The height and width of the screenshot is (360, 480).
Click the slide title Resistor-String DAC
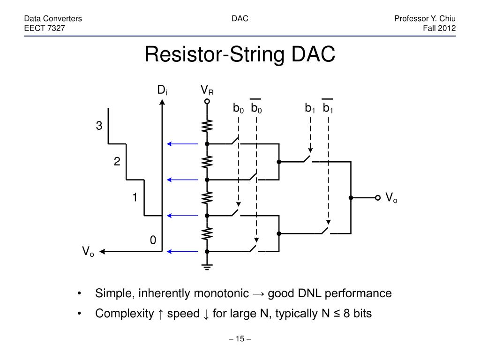pyautogui.click(x=240, y=54)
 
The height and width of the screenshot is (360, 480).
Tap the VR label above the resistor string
pyautogui.click(x=207, y=90)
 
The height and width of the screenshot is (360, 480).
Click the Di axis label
pyautogui.click(x=162, y=90)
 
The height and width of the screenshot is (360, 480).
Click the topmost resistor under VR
pyautogui.click(x=207, y=126)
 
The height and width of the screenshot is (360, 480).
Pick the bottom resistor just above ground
pyautogui.click(x=207, y=233)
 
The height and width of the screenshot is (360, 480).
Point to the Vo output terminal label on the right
pyautogui.click(x=391, y=197)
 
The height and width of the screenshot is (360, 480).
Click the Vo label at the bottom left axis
pyautogui.click(x=88, y=252)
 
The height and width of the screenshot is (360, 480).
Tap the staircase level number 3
pyautogui.click(x=99, y=126)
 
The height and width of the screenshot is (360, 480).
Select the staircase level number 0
pyautogui.click(x=153, y=240)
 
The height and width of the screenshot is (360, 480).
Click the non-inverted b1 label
pyautogui.click(x=309, y=108)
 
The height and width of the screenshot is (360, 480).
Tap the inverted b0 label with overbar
pyautogui.click(x=256, y=108)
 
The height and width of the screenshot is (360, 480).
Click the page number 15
pyautogui.click(x=240, y=339)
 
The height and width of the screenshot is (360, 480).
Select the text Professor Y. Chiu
pyautogui.click(x=425, y=19)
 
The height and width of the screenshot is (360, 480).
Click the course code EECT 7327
pyautogui.click(x=45, y=28)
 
